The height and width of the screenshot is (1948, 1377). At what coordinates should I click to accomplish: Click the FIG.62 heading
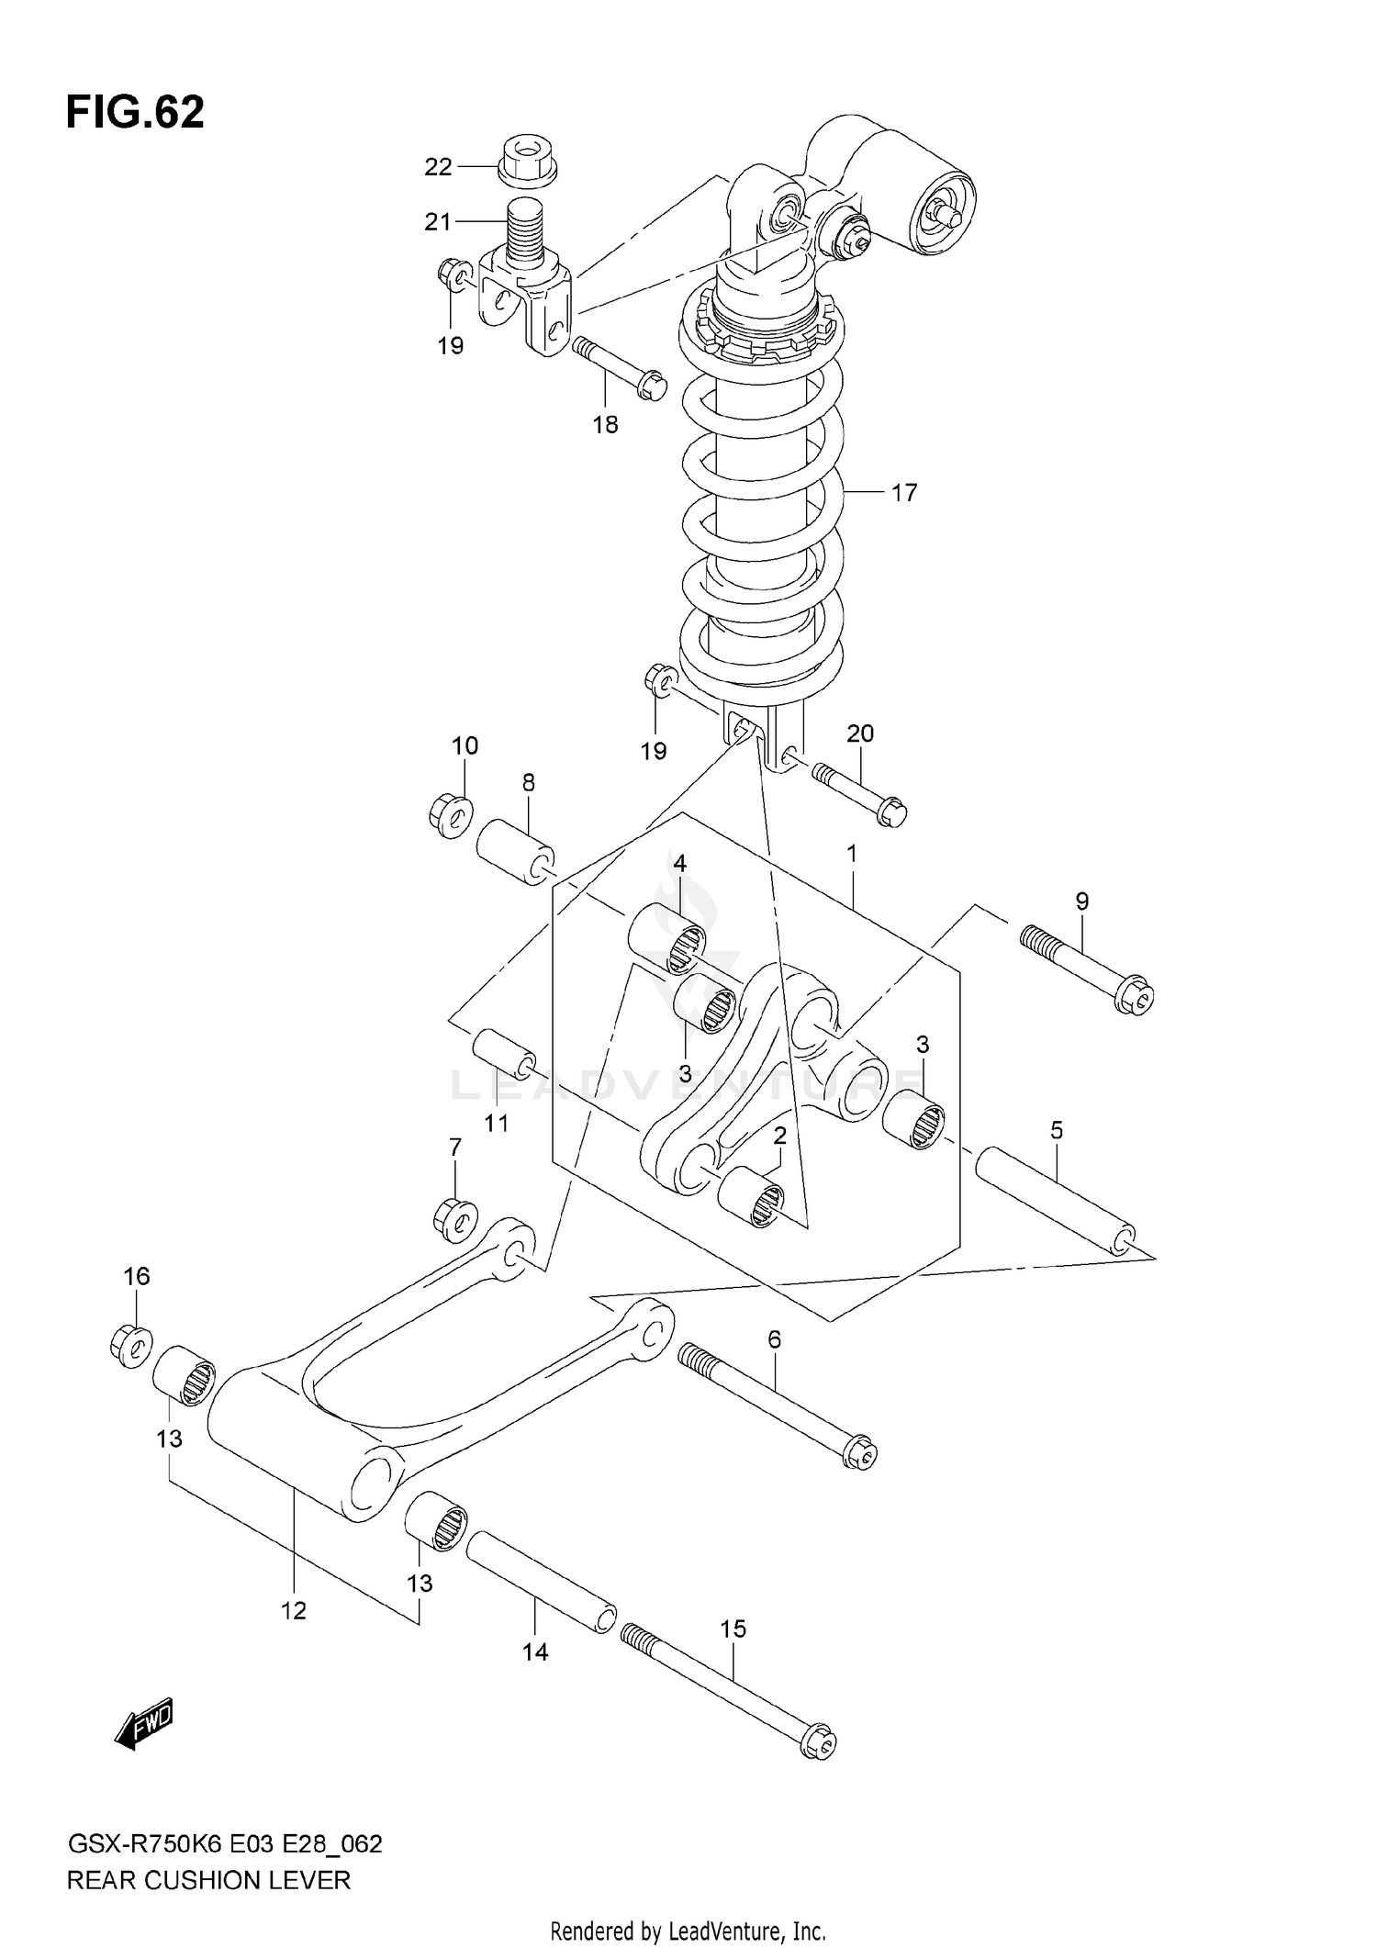pyautogui.click(x=135, y=112)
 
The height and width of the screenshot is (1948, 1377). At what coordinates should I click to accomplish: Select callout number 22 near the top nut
pyautogui.click(x=438, y=167)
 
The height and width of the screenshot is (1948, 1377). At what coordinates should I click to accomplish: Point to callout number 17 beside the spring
pyautogui.click(x=903, y=493)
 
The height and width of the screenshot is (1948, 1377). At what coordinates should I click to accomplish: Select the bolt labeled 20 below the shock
pyautogui.click(x=859, y=793)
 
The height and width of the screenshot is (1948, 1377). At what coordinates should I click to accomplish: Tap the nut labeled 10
pyautogui.click(x=450, y=814)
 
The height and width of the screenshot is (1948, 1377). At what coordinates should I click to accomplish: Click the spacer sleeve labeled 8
pyautogui.click(x=514, y=853)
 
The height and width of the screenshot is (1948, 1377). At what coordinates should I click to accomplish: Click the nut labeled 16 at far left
pyautogui.click(x=130, y=1345)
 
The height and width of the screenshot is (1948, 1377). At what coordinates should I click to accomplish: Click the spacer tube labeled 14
pyautogui.click(x=541, y=1581)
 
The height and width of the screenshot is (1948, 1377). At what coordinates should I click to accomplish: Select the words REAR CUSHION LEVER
pyautogui.click(x=208, y=1880)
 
